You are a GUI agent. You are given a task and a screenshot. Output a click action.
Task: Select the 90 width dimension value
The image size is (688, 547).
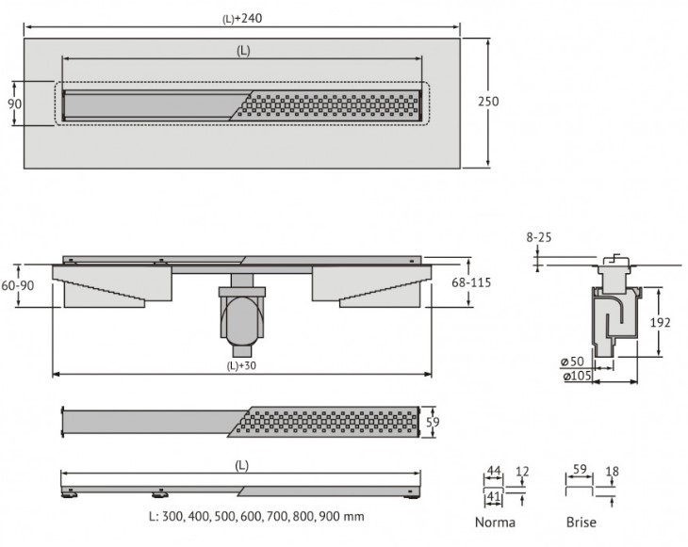pyautogui.click(x=15, y=103)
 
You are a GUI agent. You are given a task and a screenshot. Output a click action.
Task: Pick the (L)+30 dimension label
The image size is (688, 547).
pyautogui.click(x=242, y=365)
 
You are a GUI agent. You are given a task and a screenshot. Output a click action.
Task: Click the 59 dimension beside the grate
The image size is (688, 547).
pyautogui.click(x=434, y=423)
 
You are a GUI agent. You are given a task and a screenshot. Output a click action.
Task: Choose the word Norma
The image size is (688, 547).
pyautogui.click(x=495, y=522)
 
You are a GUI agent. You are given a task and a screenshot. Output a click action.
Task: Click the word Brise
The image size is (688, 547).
pyautogui.click(x=581, y=522)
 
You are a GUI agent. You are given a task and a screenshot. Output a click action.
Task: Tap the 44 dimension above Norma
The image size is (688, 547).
pyautogui.click(x=492, y=472)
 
